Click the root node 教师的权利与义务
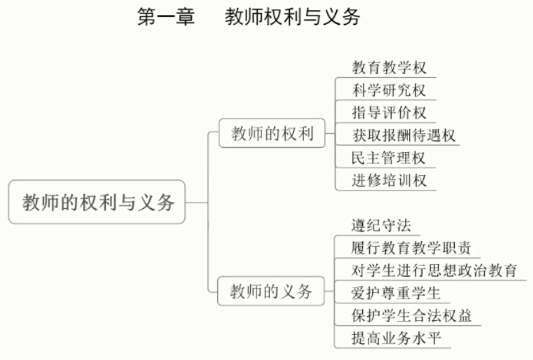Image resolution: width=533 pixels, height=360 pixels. pyautogui.click(x=97, y=202)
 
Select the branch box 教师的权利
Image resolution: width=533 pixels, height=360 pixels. pyautogui.click(x=272, y=134)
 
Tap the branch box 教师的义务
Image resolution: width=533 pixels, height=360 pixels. pyautogui.click(x=271, y=292)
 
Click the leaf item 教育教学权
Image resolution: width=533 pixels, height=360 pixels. pyautogui.click(x=389, y=68)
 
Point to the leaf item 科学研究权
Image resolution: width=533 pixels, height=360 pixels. pyautogui.click(x=389, y=90)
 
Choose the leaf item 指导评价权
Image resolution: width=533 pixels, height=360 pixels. pyautogui.click(x=389, y=112)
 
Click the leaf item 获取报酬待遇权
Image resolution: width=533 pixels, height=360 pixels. pyautogui.click(x=404, y=135)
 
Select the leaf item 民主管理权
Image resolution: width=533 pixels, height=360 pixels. pyautogui.click(x=389, y=158)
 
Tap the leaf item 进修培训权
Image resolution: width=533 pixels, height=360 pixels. pyautogui.click(x=389, y=180)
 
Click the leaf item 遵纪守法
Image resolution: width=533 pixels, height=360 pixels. pyautogui.click(x=381, y=225)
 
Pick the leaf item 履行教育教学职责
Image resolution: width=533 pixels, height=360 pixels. pyautogui.click(x=411, y=248)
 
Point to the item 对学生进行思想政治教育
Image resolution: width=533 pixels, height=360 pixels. pyautogui.click(x=434, y=270)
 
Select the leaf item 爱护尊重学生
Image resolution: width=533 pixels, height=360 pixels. pyautogui.click(x=396, y=293)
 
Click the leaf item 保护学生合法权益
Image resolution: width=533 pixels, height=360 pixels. pyautogui.click(x=412, y=315)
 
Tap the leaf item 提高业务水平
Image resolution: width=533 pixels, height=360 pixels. pyautogui.click(x=396, y=338)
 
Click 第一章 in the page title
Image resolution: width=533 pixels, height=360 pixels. pyautogui.click(x=166, y=17)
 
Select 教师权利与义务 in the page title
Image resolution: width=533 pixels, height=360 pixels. pyautogui.click(x=292, y=17)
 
